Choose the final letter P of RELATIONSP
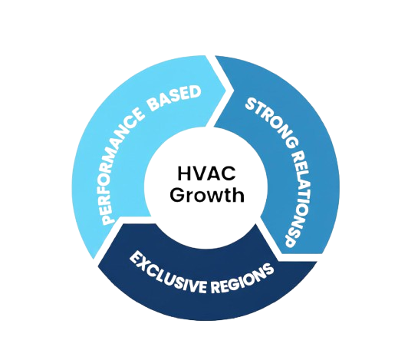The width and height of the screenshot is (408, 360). click(290, 237)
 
